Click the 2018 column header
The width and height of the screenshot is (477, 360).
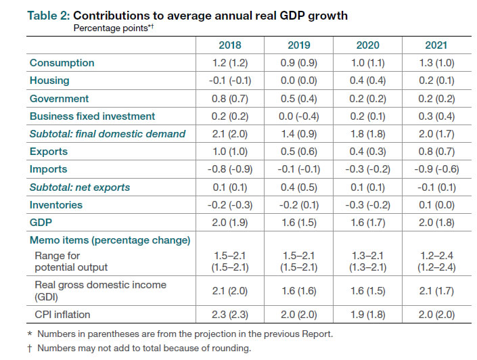coord(230,45)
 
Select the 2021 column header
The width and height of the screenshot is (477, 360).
coord(435,45)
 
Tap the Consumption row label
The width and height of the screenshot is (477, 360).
coord(62,63)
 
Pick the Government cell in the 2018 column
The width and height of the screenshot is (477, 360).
coord(230,98)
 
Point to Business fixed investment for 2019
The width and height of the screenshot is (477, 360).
coord(298,116)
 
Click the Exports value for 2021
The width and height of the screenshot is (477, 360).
coord(435,152)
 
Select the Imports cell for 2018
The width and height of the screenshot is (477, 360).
coord(230,169)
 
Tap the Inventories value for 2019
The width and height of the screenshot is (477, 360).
coord(298,204)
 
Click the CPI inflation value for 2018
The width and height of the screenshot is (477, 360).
coord(230,314)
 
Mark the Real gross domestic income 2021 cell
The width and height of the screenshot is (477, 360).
coord(435,290)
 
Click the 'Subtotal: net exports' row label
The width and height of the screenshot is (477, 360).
coord(79,187)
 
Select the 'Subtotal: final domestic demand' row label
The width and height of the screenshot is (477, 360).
coord(107,134)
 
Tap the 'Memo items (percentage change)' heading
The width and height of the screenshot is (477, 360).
coord(110,240)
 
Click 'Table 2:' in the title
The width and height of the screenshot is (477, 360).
coord(49,16)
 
